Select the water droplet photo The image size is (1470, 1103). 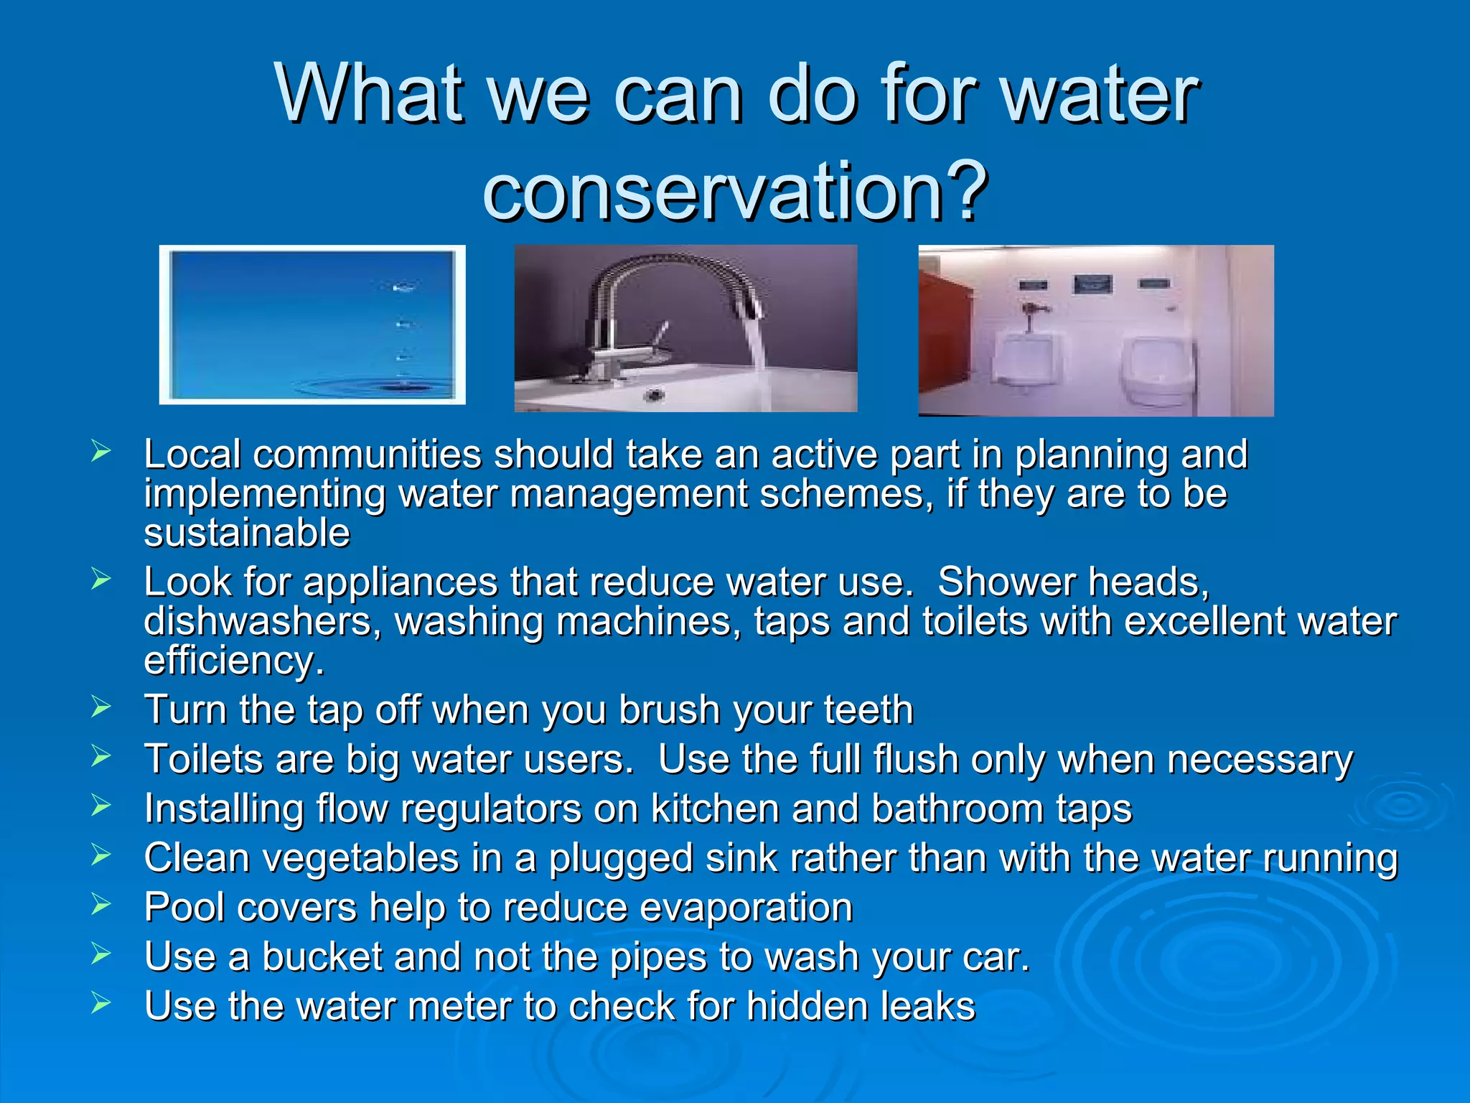312,325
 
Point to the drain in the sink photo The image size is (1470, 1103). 653,393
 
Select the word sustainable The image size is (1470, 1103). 247,533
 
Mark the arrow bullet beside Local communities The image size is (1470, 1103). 101,452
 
